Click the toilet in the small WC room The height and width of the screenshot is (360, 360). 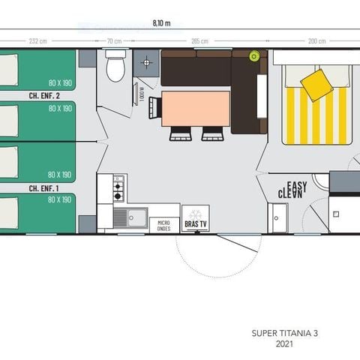[x=115, y=67]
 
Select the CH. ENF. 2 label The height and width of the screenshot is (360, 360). [x=43, y=95]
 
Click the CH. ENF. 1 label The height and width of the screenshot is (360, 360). [x=43, y=187]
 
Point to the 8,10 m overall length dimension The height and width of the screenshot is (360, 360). [x=172, y=23]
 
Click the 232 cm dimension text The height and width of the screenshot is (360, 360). [x=39, y=41]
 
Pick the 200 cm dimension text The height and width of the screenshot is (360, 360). [x=316, y=41]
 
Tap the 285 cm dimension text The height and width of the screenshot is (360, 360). [x=200, y=41]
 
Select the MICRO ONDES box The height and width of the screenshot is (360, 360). [x=163, y=225]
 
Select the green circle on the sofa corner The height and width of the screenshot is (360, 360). [x=254, y=55]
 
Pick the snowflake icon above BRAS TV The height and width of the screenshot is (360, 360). [x=195, y=214]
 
